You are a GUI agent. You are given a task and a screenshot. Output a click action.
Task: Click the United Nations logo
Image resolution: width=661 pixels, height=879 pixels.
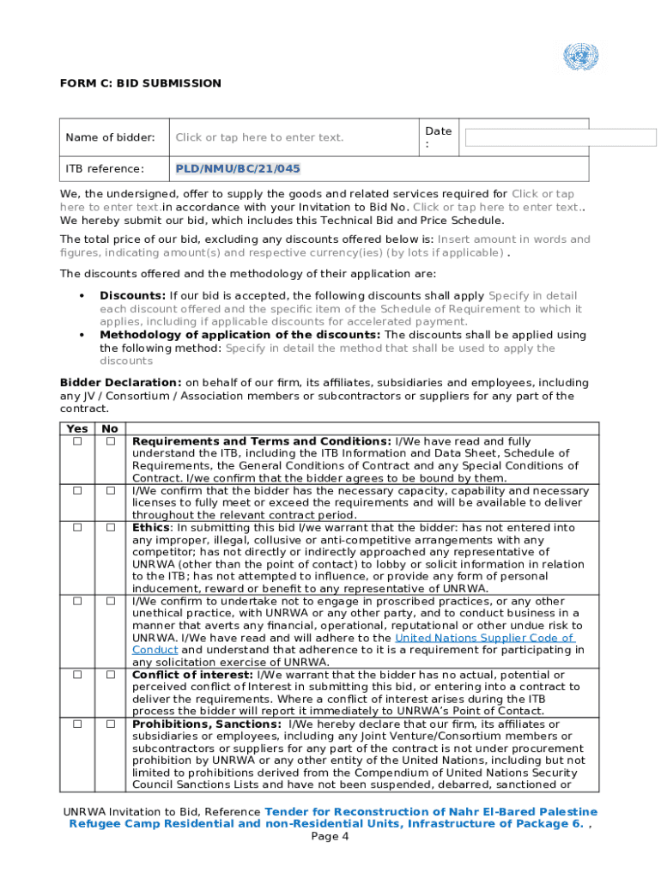click(x=580, y=58)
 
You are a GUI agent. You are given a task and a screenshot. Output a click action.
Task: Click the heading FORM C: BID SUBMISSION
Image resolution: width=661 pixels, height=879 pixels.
click(x=140, y=83)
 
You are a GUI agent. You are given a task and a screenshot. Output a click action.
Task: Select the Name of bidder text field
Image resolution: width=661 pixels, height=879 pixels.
click(x=259, y=137)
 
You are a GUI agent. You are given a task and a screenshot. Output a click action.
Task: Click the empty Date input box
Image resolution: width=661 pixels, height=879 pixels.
click(x=561, y=137)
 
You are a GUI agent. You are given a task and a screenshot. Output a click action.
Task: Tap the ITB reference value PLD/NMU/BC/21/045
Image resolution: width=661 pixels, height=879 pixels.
click(x=238, y=168)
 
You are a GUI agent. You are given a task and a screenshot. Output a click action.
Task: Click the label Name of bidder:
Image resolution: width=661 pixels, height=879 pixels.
click(x=110, y=137)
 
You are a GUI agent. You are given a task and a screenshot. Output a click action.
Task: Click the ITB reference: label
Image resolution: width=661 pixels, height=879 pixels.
click(x=105, y=168)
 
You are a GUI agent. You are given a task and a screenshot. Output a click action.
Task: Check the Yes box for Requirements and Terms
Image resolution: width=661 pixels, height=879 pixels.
click(x=77, y=441)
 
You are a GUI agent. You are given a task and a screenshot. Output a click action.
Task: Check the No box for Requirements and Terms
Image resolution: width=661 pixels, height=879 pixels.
click(x=111, y=441)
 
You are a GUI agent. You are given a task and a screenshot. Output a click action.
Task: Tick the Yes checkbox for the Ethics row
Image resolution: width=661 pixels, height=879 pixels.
click(x=77, y=528)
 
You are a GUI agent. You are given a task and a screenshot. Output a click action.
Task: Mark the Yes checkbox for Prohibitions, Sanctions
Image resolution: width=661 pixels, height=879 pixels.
click(x=77, y=724)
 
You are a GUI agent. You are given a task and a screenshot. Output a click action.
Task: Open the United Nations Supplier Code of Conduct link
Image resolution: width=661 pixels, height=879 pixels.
click(x=483, y=638)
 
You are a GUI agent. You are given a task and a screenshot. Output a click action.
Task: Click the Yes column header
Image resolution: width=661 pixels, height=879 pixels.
click(x=76, y=428)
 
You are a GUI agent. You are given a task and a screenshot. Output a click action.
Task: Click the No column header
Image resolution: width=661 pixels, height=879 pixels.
click(x=110, y=428)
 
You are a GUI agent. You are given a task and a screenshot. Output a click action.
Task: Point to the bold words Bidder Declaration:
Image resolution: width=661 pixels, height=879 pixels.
click(x=120, y=383)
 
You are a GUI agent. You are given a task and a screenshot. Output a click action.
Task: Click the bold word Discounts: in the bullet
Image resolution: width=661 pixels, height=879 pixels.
click(x=132, y=295)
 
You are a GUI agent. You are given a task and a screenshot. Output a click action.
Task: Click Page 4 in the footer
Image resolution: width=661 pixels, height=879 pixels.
click(x=330, y=837)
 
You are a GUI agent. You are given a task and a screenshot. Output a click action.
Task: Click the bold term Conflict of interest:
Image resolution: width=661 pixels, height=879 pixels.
click(x=181, y=675)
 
